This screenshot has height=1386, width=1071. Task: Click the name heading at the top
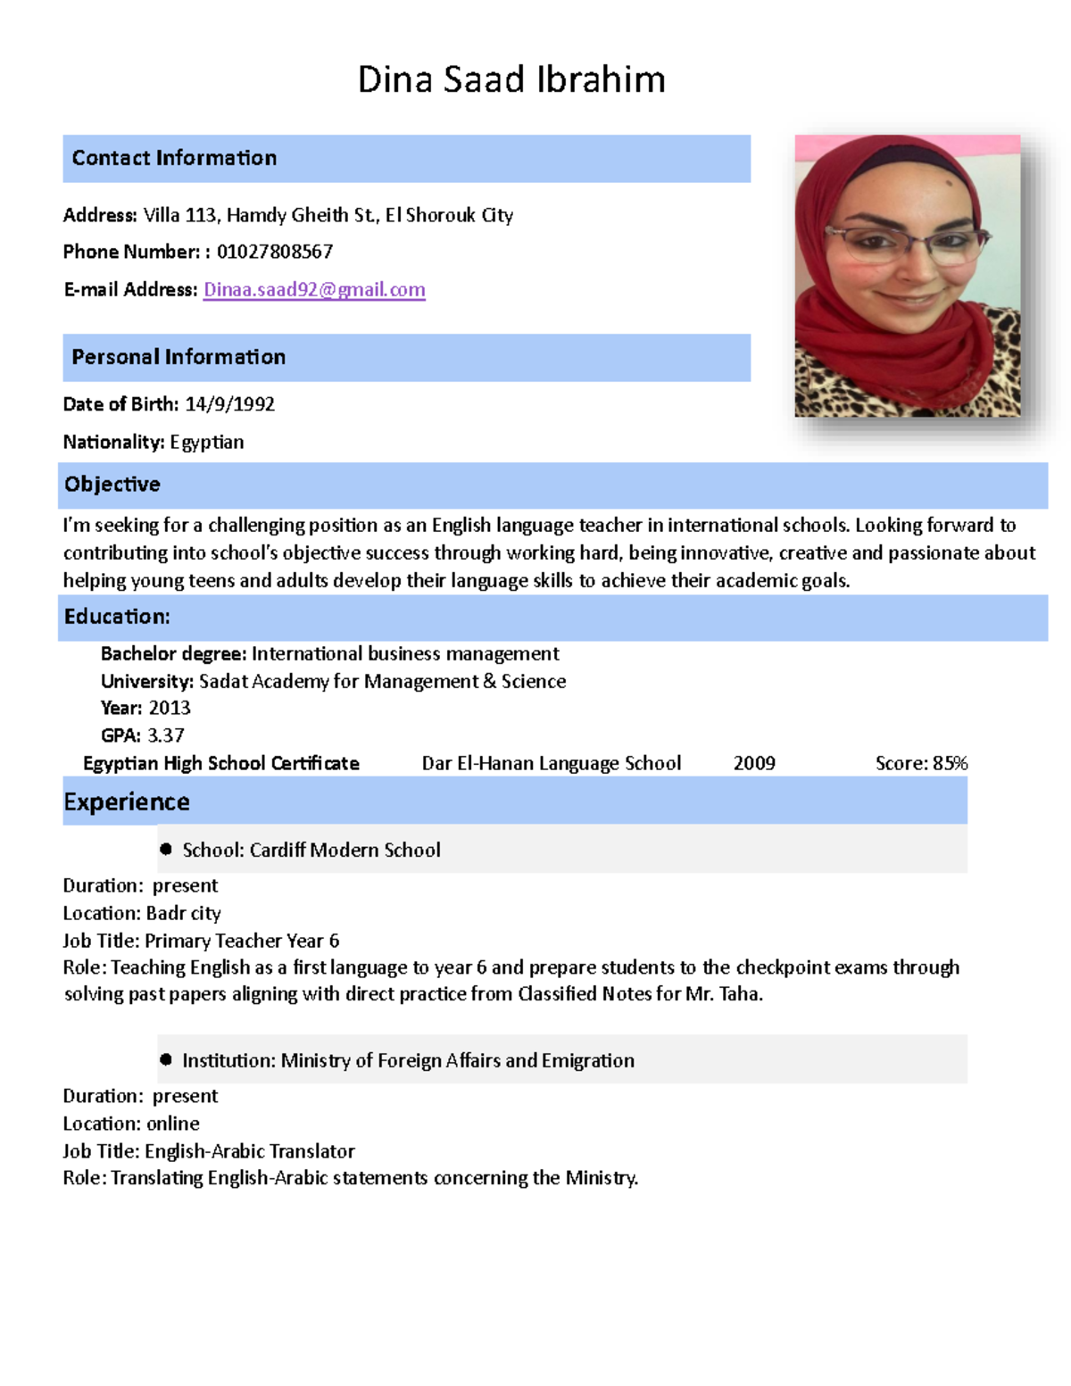(x=511, y=79)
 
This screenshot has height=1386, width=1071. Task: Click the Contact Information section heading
(x=174, y=158)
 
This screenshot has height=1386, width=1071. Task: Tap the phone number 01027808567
(x=275, y=252)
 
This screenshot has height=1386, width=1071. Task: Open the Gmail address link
(x=314, y=289)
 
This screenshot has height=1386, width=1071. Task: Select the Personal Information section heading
(x=178, y=357)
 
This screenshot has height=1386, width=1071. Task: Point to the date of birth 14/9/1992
(x=229, y=404)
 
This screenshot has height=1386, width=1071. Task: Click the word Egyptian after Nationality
(x=206, y=442)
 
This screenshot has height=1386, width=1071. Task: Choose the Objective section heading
(x=112, y=485)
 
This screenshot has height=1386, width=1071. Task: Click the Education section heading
(x=117, y=617)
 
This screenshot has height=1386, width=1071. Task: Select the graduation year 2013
(x=170, y=708)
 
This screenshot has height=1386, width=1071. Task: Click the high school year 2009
(x=754, y=763)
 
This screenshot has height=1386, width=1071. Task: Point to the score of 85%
(x=950, y=763)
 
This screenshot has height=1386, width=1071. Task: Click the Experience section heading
(x=127, y=801)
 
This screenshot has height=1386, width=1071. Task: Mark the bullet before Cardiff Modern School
(x=166, y=849)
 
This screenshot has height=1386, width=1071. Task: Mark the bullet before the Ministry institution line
(x=166, y=1059)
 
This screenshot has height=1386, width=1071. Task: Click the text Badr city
(x=183, y=913)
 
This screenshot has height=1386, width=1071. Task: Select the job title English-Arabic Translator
(x=250, y=1151)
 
